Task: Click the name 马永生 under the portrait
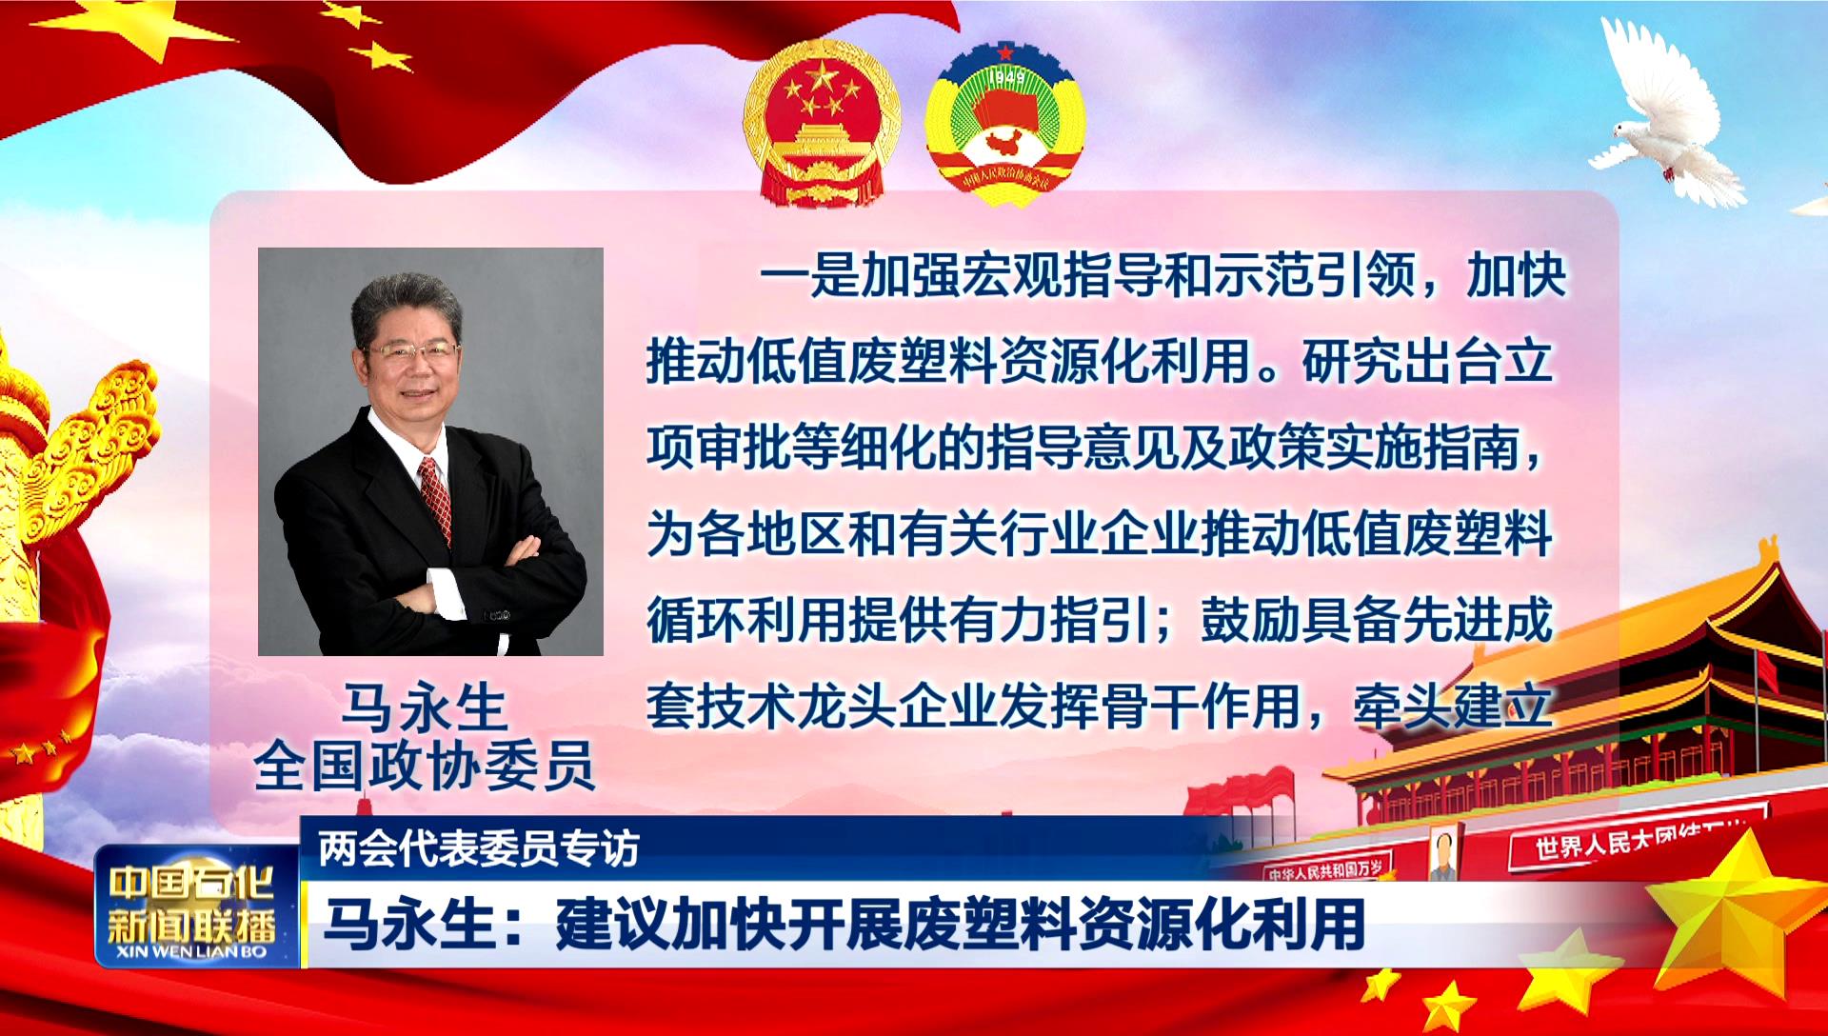[425, 707]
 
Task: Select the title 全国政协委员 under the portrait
[425, 764]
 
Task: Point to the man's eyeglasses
[411, 351]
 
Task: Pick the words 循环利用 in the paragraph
[747, 620]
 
